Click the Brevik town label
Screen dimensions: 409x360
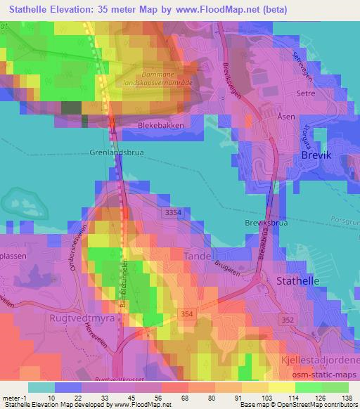(320, 155)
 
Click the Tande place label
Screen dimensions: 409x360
(198, 257)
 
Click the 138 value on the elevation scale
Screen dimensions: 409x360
(346, 398)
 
